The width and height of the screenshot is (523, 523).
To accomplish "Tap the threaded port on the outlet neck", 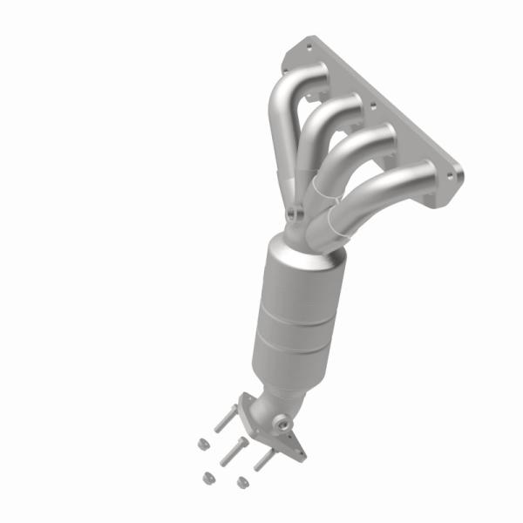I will [x=283, y=425].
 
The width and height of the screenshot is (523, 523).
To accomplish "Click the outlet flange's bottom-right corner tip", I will [x=302, y=454].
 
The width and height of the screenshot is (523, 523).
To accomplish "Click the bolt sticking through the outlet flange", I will [x=262, y=457].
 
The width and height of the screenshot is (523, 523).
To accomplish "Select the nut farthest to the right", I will [x=242, y=479].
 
